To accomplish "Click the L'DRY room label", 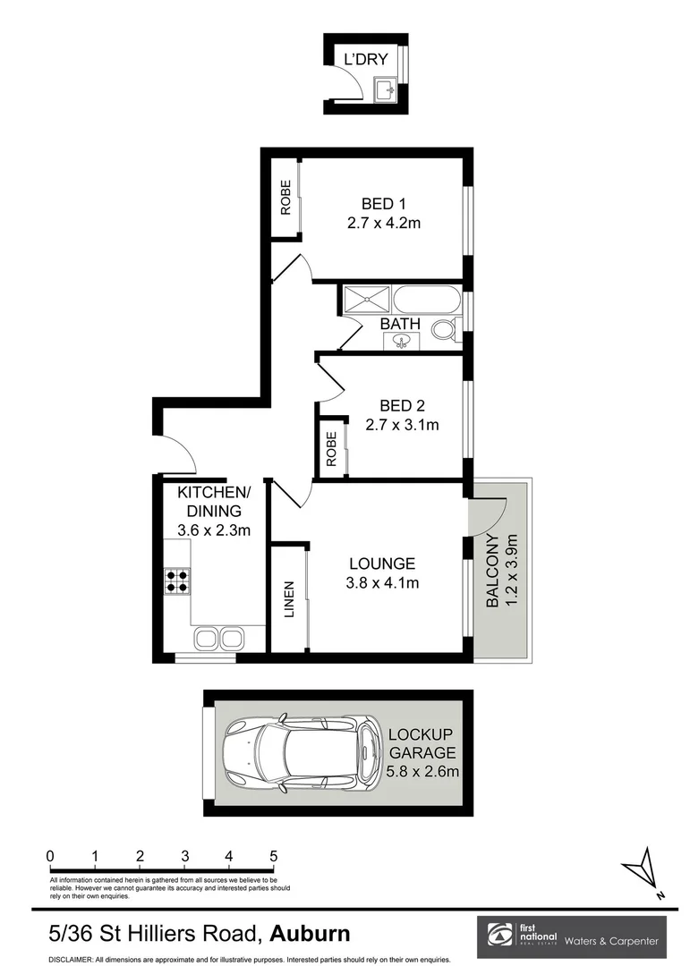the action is (366, 59).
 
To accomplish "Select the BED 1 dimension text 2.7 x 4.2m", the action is (384, 223).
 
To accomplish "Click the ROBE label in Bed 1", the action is (285, 197).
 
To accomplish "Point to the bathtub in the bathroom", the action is (427, 300).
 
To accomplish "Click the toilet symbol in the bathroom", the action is (445, 329).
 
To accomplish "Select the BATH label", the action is (399, 324).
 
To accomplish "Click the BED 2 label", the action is (402, 405).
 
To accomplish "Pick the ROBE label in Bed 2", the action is (331, 448).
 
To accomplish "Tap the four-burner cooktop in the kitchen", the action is (177, 580).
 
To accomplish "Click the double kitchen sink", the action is (218, 639).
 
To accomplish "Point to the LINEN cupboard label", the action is (288, 599).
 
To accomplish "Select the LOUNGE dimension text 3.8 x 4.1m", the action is (382, 582).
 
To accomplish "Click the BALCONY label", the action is (493, 571).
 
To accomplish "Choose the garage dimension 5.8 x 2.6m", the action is (423, 771).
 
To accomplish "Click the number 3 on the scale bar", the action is (185, 856).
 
